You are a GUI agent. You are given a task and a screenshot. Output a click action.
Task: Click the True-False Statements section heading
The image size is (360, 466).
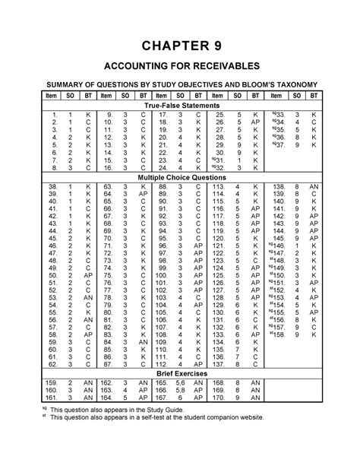(180, 104)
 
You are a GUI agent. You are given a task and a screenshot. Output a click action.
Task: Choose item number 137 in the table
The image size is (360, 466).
(219, 364)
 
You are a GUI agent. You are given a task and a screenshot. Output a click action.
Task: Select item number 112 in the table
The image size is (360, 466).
(161, 364)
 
